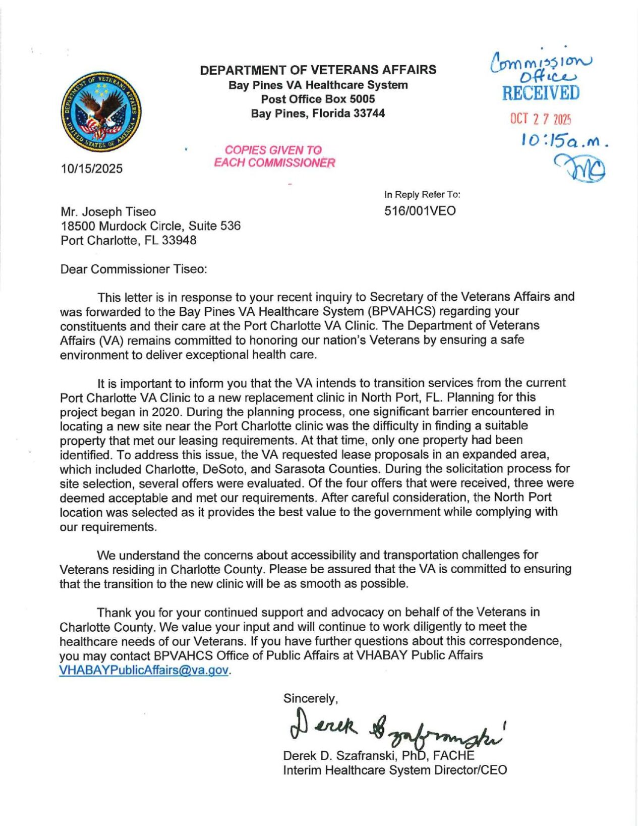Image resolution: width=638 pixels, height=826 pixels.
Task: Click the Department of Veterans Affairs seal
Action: tap(101, 112)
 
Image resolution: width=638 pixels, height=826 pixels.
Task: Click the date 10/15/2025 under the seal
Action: tap(91, 169)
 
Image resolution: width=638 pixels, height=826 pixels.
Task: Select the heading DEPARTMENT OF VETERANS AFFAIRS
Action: tap(318, 70)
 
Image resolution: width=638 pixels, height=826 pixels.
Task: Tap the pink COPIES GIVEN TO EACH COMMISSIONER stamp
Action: tap(274, 156)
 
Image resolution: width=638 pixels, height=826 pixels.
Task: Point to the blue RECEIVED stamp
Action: tap(541, 93)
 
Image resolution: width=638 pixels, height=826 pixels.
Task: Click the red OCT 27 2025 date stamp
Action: tap(540, 119)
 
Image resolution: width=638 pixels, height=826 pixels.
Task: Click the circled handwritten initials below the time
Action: tap(581, 168)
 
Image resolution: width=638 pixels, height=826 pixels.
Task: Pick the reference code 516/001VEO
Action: tap(420, 211)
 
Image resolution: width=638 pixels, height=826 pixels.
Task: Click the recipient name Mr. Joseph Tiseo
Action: tap(108, 212)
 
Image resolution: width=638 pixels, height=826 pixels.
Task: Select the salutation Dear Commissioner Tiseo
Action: tap(134, 269)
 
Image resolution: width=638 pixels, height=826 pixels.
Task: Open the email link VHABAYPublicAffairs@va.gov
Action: tap(144, 670)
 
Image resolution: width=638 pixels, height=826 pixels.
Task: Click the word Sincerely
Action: tap(310, 698)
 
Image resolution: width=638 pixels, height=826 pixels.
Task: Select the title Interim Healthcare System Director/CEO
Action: tap(395, 770)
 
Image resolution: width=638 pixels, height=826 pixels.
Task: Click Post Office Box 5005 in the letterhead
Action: tap(318, 99)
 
